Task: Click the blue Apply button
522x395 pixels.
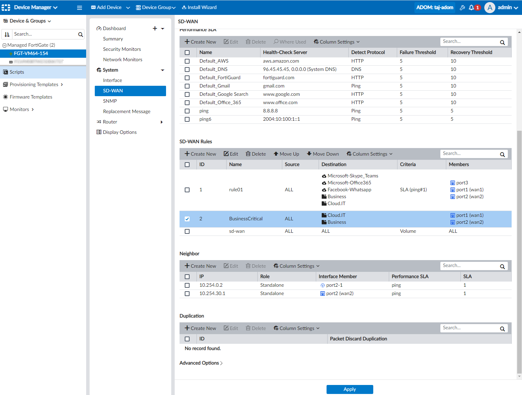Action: (x=349, y=389)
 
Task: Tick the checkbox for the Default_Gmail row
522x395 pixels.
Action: (x=187, y=86)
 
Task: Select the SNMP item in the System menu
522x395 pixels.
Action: (x=110, y=101)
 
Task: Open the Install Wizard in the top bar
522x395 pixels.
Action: (x=199, y=7)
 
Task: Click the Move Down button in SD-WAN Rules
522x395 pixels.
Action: (x=323, y=154)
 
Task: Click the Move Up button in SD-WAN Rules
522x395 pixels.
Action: (x=286, y=154)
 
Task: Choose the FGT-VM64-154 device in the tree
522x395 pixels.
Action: (x=31, y=53)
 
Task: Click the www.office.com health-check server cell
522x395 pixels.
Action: (x=280, y=102)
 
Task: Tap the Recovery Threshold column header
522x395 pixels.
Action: (x=471, y=52)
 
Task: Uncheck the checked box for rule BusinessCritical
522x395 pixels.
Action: (x=187, y=219)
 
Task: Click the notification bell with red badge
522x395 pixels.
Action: (x=472, y=7)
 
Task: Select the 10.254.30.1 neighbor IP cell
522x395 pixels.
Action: (x=212, y=293)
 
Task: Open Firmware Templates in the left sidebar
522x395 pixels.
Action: (x=31, y=97)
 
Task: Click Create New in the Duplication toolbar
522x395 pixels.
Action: (x=200, y=328)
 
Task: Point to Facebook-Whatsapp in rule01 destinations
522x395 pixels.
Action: (x=349, y=190)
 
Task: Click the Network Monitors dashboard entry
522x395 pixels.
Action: (x=122, y=59)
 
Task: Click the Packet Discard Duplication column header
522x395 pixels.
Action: (x=358, y=339)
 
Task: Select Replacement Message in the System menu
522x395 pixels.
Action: (x=127, y=111)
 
